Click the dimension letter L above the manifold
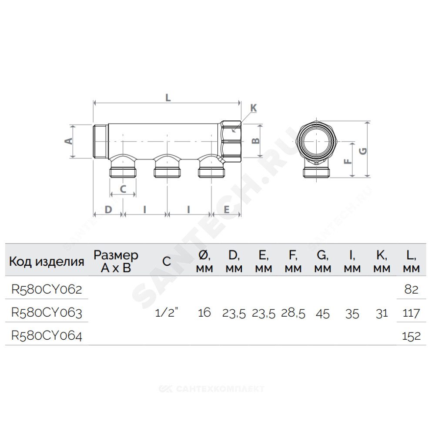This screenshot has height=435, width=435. coord(168,97)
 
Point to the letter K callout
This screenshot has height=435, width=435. coord(254,108)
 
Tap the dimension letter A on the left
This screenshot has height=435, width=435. coord(69,141)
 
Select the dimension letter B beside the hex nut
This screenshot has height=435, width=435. coord(255,141)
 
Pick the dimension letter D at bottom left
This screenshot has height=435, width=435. coord(108,210)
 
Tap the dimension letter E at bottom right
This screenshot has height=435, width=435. coord(226,210)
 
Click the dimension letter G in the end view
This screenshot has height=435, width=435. coord(363,151)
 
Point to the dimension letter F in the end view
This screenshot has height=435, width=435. coord(348,161)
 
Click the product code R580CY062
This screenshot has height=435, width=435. coord(47,289)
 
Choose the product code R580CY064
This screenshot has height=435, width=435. coord(47,336)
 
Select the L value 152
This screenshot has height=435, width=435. coord(411,336)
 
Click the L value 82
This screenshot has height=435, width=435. coord(411,289)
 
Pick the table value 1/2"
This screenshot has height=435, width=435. coord(166,313)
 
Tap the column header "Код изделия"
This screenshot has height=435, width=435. coord(47,261)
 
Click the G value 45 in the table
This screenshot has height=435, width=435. coord(323,314)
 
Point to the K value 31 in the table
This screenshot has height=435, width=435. coord(381,314)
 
